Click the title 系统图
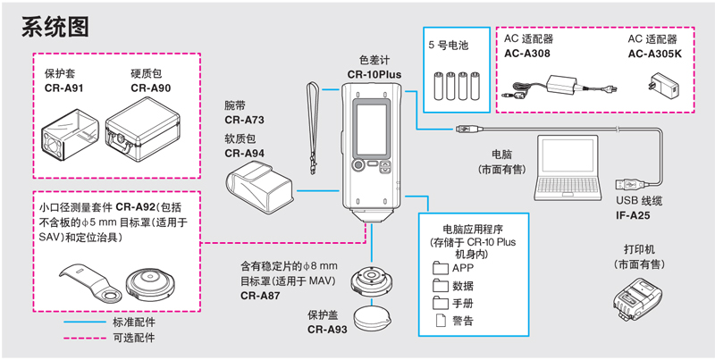55,27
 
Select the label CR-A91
64,88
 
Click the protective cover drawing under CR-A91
67,134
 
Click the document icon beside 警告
440,320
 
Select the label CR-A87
260,296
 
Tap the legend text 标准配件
135,322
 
